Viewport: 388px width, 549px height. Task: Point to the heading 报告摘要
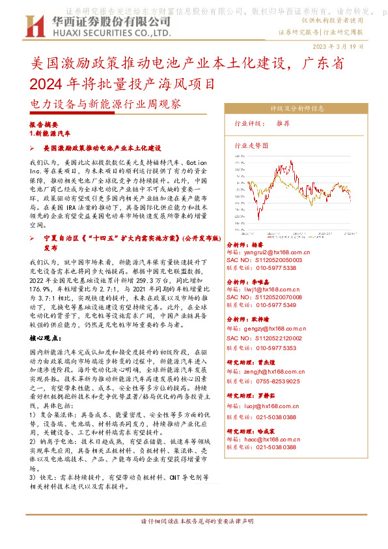44,123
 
